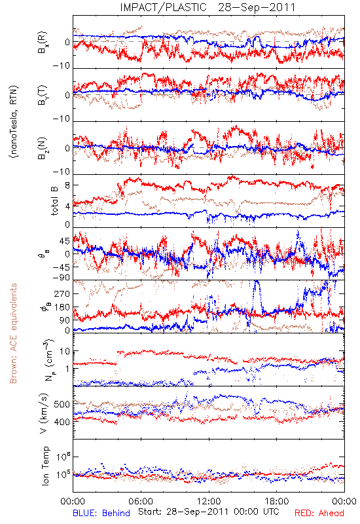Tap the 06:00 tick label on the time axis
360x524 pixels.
pos(141,501)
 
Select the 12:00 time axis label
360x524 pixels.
pos(209,501)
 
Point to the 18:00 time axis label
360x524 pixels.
pos(277,501)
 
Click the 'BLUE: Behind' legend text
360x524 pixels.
pos(101,513)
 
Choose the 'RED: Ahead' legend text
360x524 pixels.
pos(319,513)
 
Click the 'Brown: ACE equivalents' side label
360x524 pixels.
pos(13,333)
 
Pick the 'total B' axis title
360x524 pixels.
pos(54,201)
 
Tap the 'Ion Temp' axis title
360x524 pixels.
pos(45,466)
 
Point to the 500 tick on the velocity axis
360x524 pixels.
pos(62,404)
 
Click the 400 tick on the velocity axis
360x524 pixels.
pos(62,422)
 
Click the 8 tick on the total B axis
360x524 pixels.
pos(67,185)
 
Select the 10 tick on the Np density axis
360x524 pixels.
pos(65,351)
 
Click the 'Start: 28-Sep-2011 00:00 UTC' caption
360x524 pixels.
pos(209,512)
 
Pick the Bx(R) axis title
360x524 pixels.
pos(43,43)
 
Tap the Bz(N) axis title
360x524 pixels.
pos(43,148)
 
